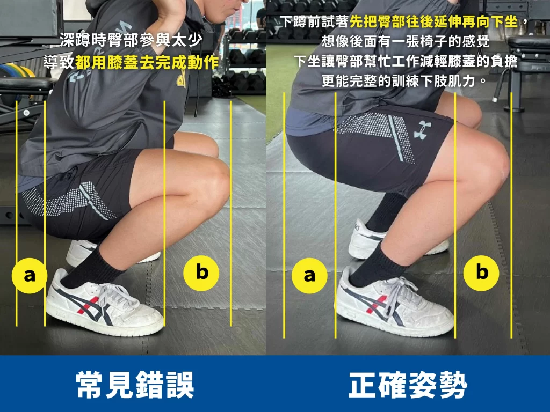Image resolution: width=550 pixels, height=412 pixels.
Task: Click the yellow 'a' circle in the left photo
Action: [30, 276]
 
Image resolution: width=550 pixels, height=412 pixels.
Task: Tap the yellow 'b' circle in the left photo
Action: [201, 273]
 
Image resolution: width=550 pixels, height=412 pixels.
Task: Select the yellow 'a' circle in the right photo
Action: [309, 276]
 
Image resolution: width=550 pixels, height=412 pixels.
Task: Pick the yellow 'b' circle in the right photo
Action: [482, 273]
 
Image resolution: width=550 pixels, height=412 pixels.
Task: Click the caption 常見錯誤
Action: [135, 384]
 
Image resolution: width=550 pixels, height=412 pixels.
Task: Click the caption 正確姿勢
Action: [408, 384]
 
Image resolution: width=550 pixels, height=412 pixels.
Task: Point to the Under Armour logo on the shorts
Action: [423, 131]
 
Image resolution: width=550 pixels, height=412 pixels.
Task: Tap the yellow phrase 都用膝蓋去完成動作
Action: [147, 62]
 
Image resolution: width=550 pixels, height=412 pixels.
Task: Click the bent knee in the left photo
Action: [215, 185]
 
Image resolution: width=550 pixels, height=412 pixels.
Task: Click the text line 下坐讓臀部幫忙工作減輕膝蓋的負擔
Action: [405, 62]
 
